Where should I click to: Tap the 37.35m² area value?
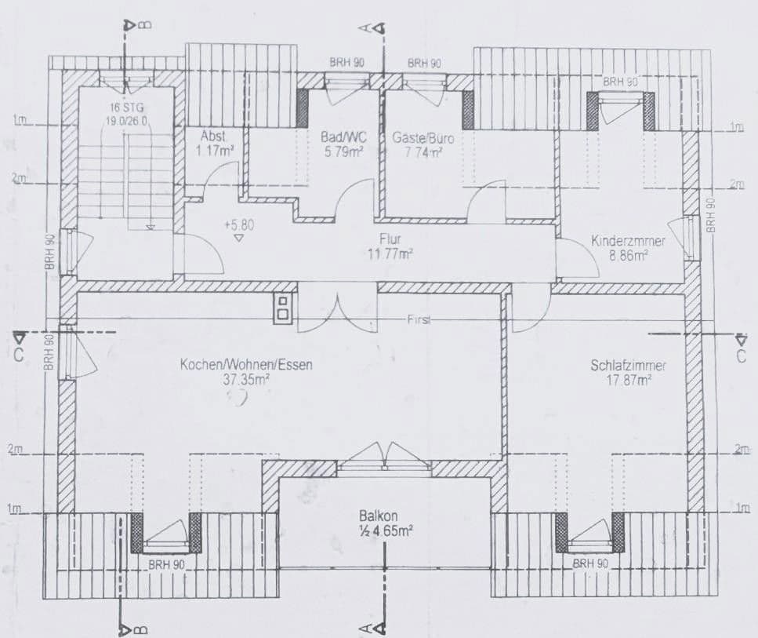pyautogui.click(x=246, y=379)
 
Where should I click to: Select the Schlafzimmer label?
pyautogui.click(x=629, y=366)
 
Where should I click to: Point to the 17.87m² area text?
pyautogui.click(x=629, y=380)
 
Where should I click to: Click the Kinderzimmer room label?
pyautogui.click(x=628, y=242)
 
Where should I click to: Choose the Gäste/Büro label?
pyautogui.click(x=423, y=137)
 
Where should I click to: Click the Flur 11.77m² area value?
pyautogui.click(x=390, y=253)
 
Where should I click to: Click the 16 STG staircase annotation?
pyautogui.click(x=126, y=108)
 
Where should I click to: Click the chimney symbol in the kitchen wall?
pyautogui.click(x=282, y=308)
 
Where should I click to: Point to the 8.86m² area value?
pyautogui.click(x=629, y=255)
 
